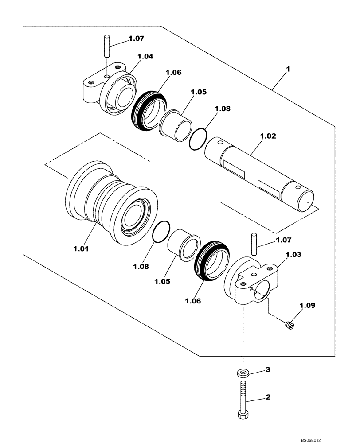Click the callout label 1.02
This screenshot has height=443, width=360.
click(x=268, y=137)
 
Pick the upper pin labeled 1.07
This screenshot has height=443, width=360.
click(x=107, y=46)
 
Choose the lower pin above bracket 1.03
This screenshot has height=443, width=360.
click(x=254, y=244)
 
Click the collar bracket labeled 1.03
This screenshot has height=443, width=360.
click(x=253, y=284)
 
